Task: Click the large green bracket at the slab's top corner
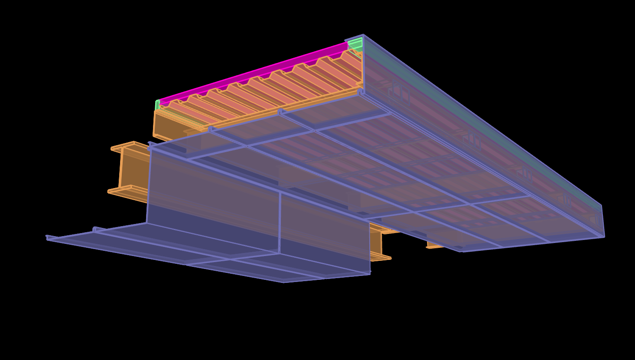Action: point(355,44)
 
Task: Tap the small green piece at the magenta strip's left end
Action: point(157,104)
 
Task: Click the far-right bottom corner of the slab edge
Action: point(604,237)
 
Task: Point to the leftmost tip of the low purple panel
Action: point(47,237)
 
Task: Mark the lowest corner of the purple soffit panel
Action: point(284,282)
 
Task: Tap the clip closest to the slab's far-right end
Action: point(566,200)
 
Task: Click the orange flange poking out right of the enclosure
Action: point(381,257)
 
